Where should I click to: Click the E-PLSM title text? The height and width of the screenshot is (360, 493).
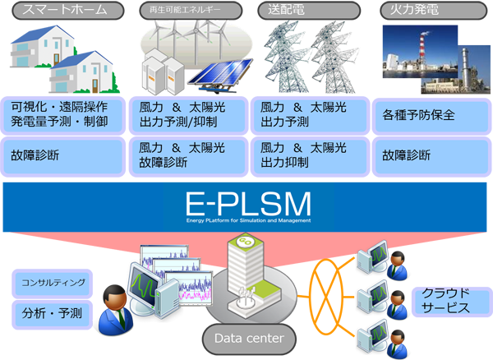247,201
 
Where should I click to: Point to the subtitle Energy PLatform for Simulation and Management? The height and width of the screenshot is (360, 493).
247,220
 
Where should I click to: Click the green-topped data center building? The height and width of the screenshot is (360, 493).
246,271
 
